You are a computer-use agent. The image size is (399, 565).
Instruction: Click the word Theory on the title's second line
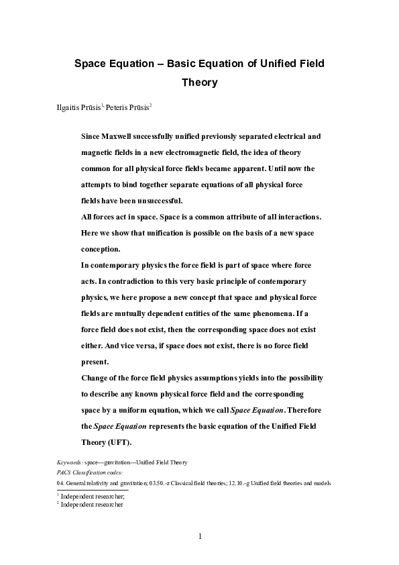click(200, 83)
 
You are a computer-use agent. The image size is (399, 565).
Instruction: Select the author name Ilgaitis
click(70, 107)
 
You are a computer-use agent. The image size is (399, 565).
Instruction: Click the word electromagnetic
click(212, 152)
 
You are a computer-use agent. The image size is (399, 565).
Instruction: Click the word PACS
click(66, 472)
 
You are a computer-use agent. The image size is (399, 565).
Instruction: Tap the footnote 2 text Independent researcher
click(92, 504)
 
